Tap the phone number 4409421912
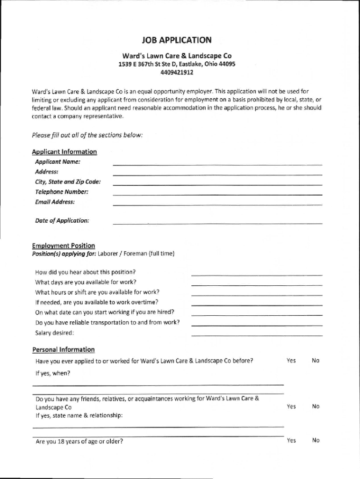pos(177,73)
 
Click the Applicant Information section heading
pos(65,152)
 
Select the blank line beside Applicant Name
pos(217,164)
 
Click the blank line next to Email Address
pos(217,204)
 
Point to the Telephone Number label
pos(62,192)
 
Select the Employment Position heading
pos(64,246)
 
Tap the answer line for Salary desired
pos(257,334)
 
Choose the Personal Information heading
pos(64,349)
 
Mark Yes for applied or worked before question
pos(291,361)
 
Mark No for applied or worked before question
pos(316,361)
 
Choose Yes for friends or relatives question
pos(291,406)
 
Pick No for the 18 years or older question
pos(316,440)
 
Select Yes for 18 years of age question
pos(291,440)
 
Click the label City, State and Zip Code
pos(68,182)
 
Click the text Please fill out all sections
pos(87,135)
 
